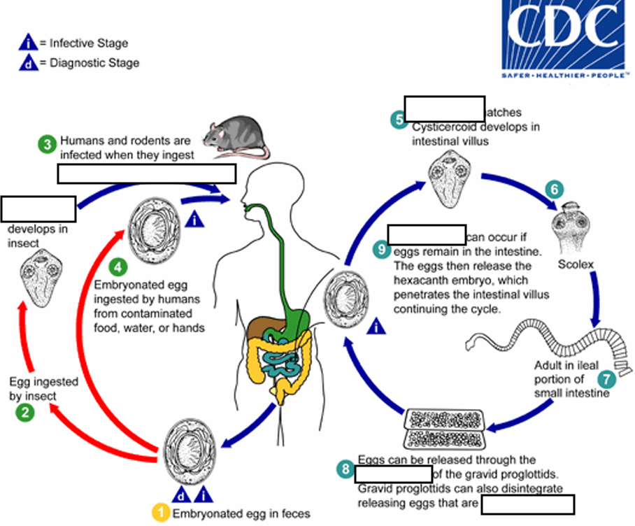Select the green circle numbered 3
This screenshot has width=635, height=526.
coord(47,145)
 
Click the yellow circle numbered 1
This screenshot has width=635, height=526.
coord(162,513)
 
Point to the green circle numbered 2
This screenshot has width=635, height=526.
coord(25,412)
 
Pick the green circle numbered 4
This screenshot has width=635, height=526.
coord(118,266)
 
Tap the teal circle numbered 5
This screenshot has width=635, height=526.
coord(399,119)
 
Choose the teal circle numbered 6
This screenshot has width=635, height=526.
coord(553,188)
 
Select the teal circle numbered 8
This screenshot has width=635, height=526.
coord(345,470)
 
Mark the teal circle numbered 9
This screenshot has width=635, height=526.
coord(380,248)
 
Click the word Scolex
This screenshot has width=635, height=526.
coord(576,265)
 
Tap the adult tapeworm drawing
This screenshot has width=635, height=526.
coord(545,342)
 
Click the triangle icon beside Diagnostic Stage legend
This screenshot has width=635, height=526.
coord(27,63)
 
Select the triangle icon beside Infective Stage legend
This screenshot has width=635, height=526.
coord(27,43)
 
